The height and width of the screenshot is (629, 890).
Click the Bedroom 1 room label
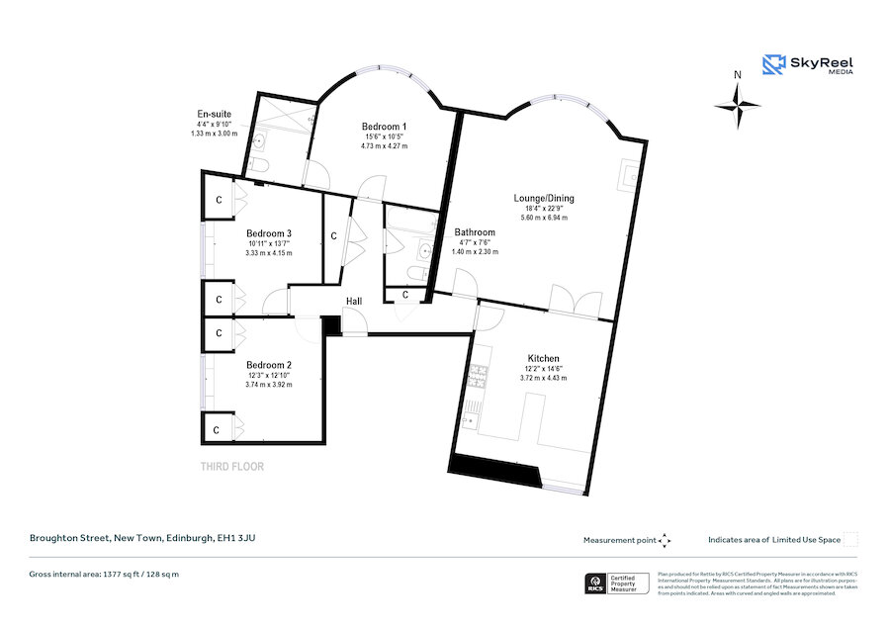(x=384, y=127)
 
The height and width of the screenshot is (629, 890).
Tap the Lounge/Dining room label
(x=543, y=198)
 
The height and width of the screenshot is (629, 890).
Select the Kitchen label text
(x=543, y=358)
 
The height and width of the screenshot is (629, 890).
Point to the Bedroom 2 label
(x=269, y=364)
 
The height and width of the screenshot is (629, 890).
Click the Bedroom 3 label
(x=269, y=233)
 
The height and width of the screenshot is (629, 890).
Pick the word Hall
(x=353, y=301)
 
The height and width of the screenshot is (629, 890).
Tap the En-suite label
(x=214, y=114)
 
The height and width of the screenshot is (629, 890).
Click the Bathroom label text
(x=475, y=232)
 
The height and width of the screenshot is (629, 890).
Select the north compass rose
(x=738, y=103)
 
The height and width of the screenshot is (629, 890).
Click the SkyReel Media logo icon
(x=772, y=65)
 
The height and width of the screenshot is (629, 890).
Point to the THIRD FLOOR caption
(x=231, y=467)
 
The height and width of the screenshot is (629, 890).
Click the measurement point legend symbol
(x=665, y=540)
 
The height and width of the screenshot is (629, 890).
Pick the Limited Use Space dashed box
(x=850, y=539)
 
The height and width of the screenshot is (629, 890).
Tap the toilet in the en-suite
(x=259, y=165)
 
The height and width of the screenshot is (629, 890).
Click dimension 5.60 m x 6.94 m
(x=543, y=217)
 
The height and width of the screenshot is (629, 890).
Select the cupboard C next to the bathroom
(x=405, y=294)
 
